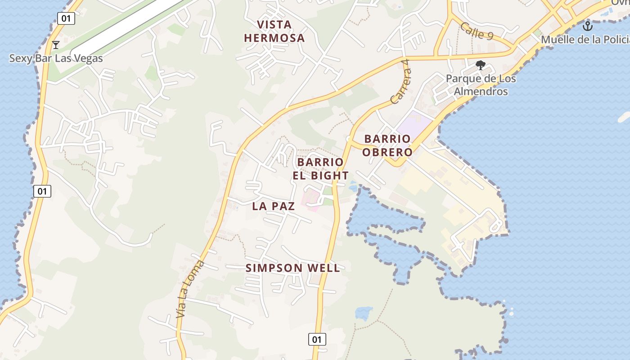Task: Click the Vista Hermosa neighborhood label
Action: tap(274, 31)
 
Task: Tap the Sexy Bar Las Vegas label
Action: tap(56, 58)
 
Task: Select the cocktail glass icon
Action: tap(56, 45)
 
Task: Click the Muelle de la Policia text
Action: tap(585, 40)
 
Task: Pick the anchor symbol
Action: tap(587, 26)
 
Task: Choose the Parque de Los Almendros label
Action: tap(481, 85)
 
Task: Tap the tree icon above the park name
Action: tap(481, 65)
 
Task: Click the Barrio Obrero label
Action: tap(387, 145)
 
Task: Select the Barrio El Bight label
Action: tap(320, 169)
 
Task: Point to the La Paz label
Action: tap(274, 206)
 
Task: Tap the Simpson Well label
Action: tap(292, 268)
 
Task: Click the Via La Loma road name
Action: tap(189, 289)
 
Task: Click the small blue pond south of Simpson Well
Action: tap(364, 313)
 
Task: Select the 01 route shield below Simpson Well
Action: tap(317, 339)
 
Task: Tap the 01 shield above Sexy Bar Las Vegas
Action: tap(66, 18)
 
